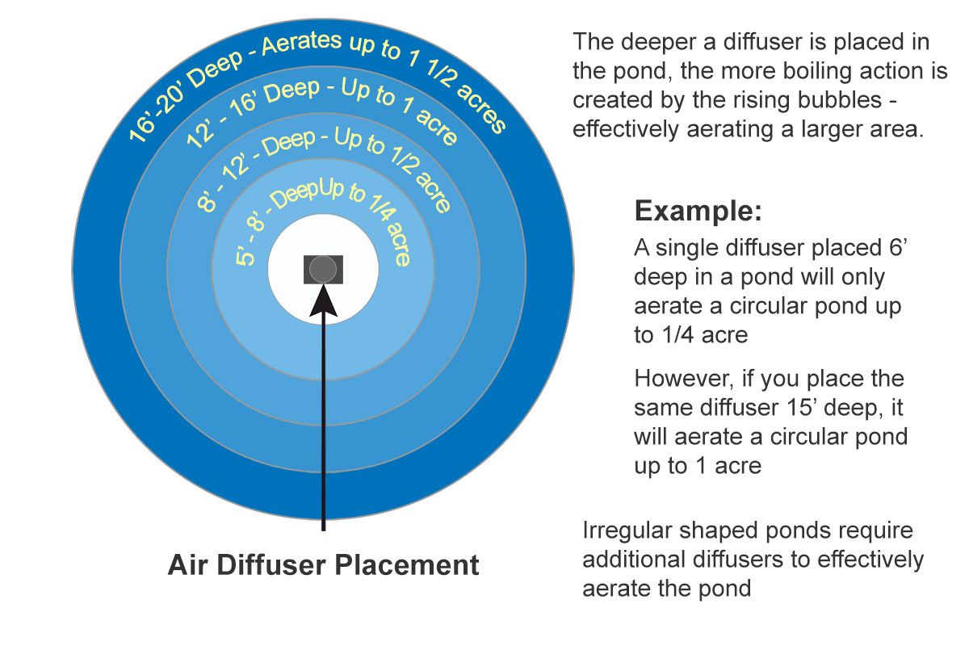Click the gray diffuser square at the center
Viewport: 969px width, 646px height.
point(323,270)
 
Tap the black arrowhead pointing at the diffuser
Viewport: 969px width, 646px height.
point(323,300)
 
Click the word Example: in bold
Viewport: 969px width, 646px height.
point(698,211)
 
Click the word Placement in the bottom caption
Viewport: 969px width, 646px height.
point(408,565)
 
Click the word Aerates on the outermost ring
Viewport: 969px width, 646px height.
point(301,44)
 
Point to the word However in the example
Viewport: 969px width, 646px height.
point(684,379)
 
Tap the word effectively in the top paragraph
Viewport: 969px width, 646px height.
point(626,129)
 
